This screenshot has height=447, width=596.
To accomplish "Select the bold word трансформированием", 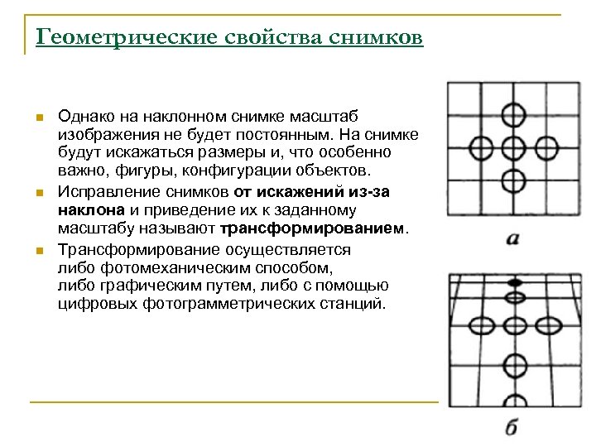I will coord(314,228).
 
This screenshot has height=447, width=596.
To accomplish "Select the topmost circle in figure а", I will coord(513,113).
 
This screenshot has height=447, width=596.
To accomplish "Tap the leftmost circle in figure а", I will coord(482,149).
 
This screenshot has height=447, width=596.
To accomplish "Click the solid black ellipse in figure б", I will coord(514,283).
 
